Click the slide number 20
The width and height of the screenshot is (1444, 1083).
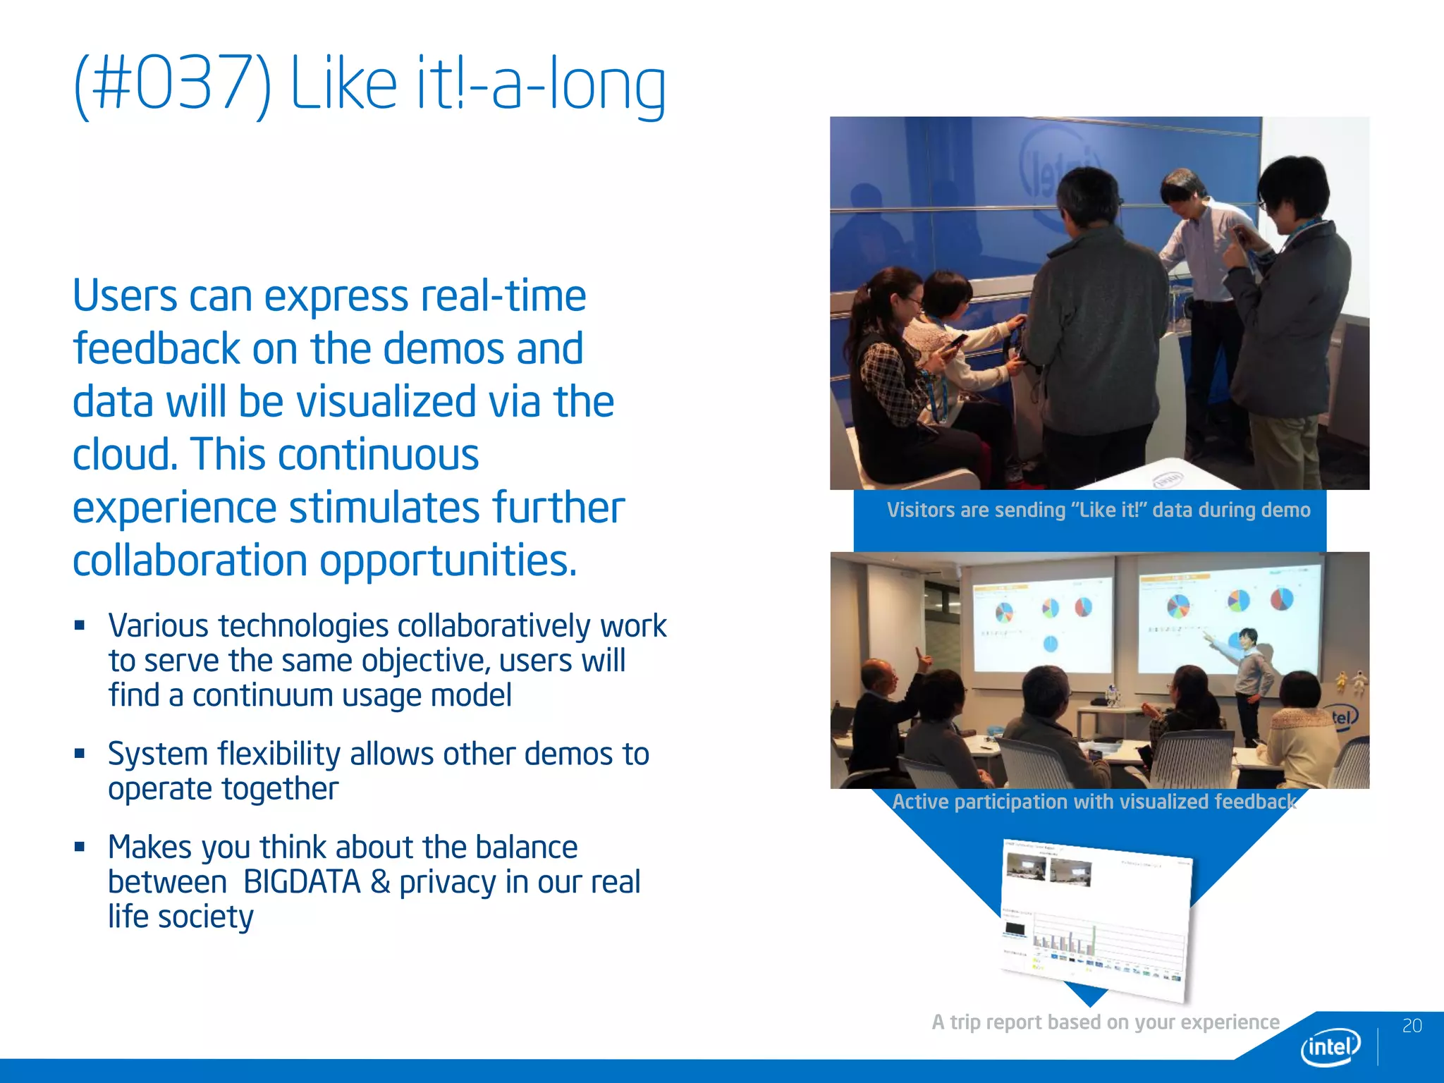tap(1412, 1026)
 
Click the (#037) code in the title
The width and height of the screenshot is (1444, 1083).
tap(173, 85)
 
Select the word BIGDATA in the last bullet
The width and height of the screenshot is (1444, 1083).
tap(302, 882)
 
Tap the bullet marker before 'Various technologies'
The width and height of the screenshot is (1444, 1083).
tap(80, 625)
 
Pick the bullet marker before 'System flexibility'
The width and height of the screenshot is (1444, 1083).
tap(80, 753)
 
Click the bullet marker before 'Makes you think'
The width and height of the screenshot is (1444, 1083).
tap(80, 846)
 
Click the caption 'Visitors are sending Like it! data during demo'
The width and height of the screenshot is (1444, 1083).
tap(1098, 510)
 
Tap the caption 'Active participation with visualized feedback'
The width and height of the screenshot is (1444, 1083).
tap(1094, 802)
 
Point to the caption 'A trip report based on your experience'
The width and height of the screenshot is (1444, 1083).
tap(1105, 1022)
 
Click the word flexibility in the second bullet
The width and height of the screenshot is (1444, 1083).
tap(279, 754)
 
